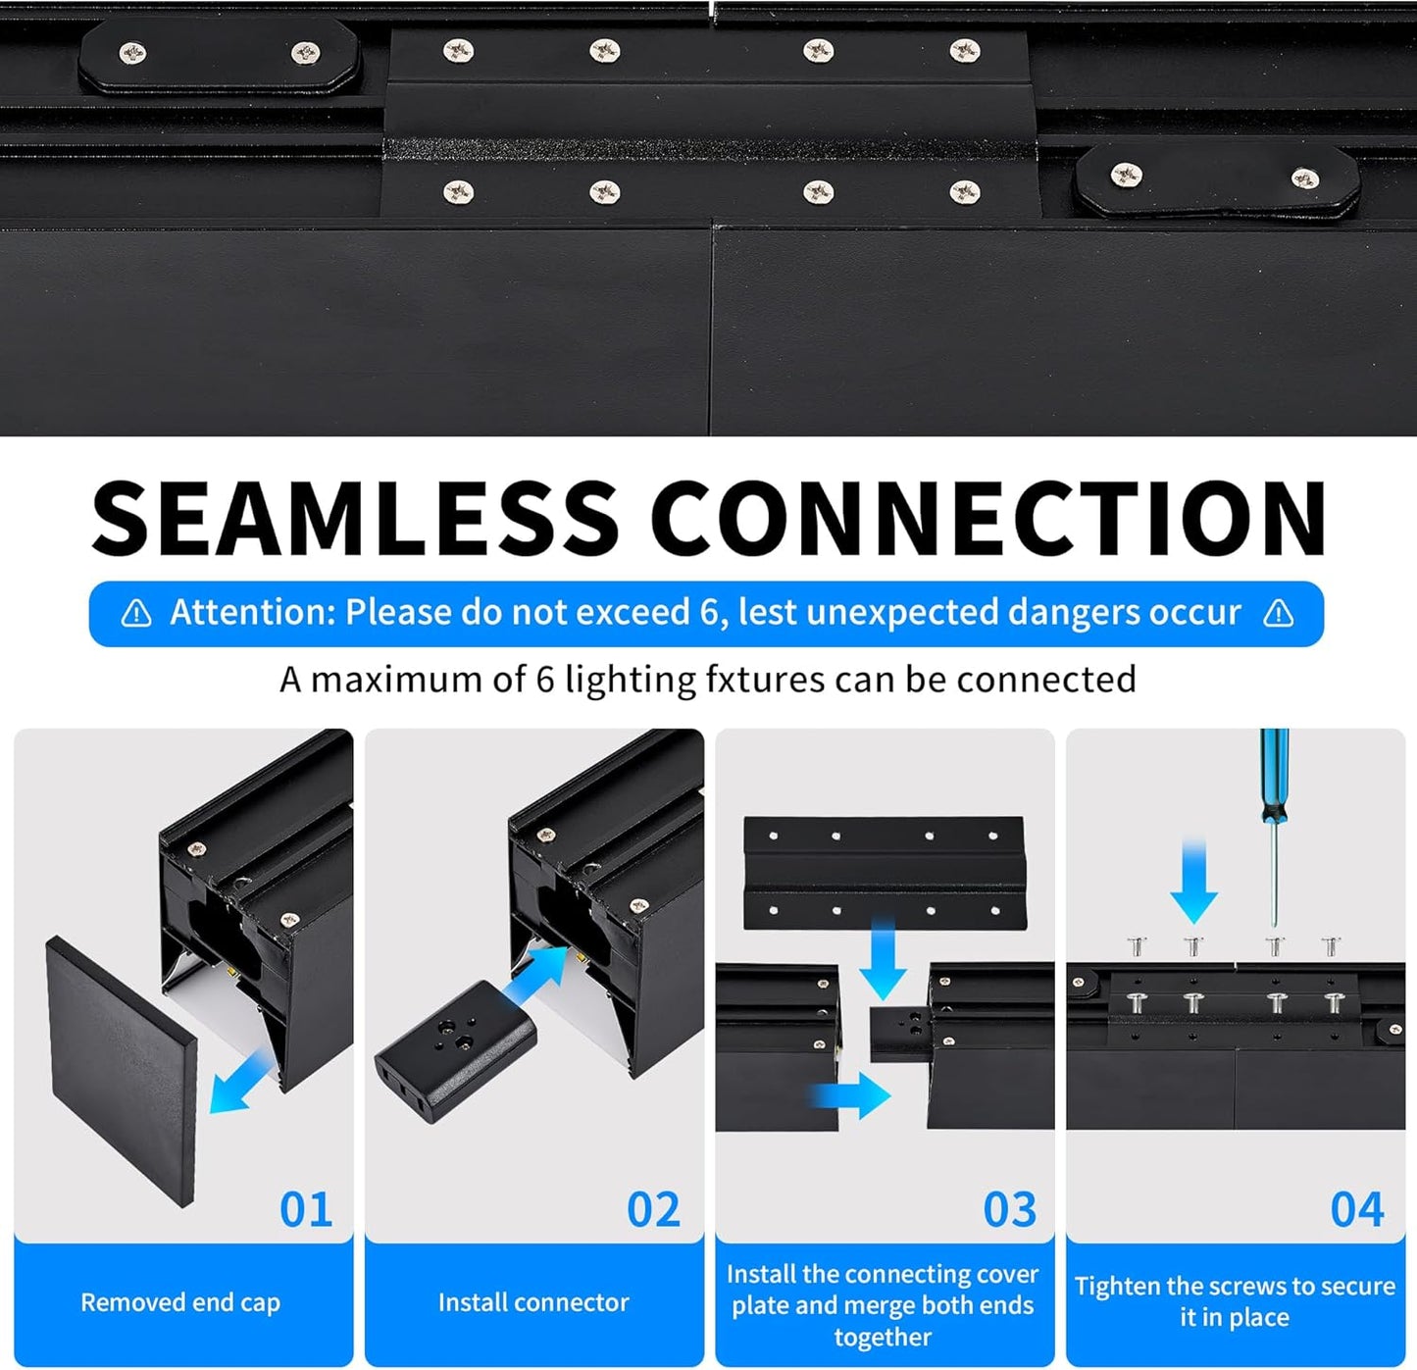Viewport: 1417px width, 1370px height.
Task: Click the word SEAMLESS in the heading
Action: pos(355,518)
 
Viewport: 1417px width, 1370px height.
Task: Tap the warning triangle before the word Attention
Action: pos(136,614)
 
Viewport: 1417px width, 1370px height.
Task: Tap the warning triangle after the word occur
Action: pos(1278,614)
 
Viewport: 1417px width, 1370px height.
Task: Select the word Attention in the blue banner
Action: pos(252,613)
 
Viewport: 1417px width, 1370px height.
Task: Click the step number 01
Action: pos(306,1209)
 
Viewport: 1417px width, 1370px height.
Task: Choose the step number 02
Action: pos(653,1209)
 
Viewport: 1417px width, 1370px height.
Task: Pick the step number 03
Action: pos(1009,1209)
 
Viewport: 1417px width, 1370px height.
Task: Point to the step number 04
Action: pos(1357,1209)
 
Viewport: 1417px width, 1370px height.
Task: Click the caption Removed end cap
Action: pos(180,1302)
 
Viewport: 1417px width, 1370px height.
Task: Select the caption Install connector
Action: pos(533,1302)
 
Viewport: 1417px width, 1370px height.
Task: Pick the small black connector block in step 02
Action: pos(455,1050)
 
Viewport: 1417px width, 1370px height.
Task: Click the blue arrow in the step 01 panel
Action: pos(242,1081)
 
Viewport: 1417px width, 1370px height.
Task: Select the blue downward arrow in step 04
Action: pos(1193,883)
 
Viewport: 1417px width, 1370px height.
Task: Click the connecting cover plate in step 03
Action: pos(885,872)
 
